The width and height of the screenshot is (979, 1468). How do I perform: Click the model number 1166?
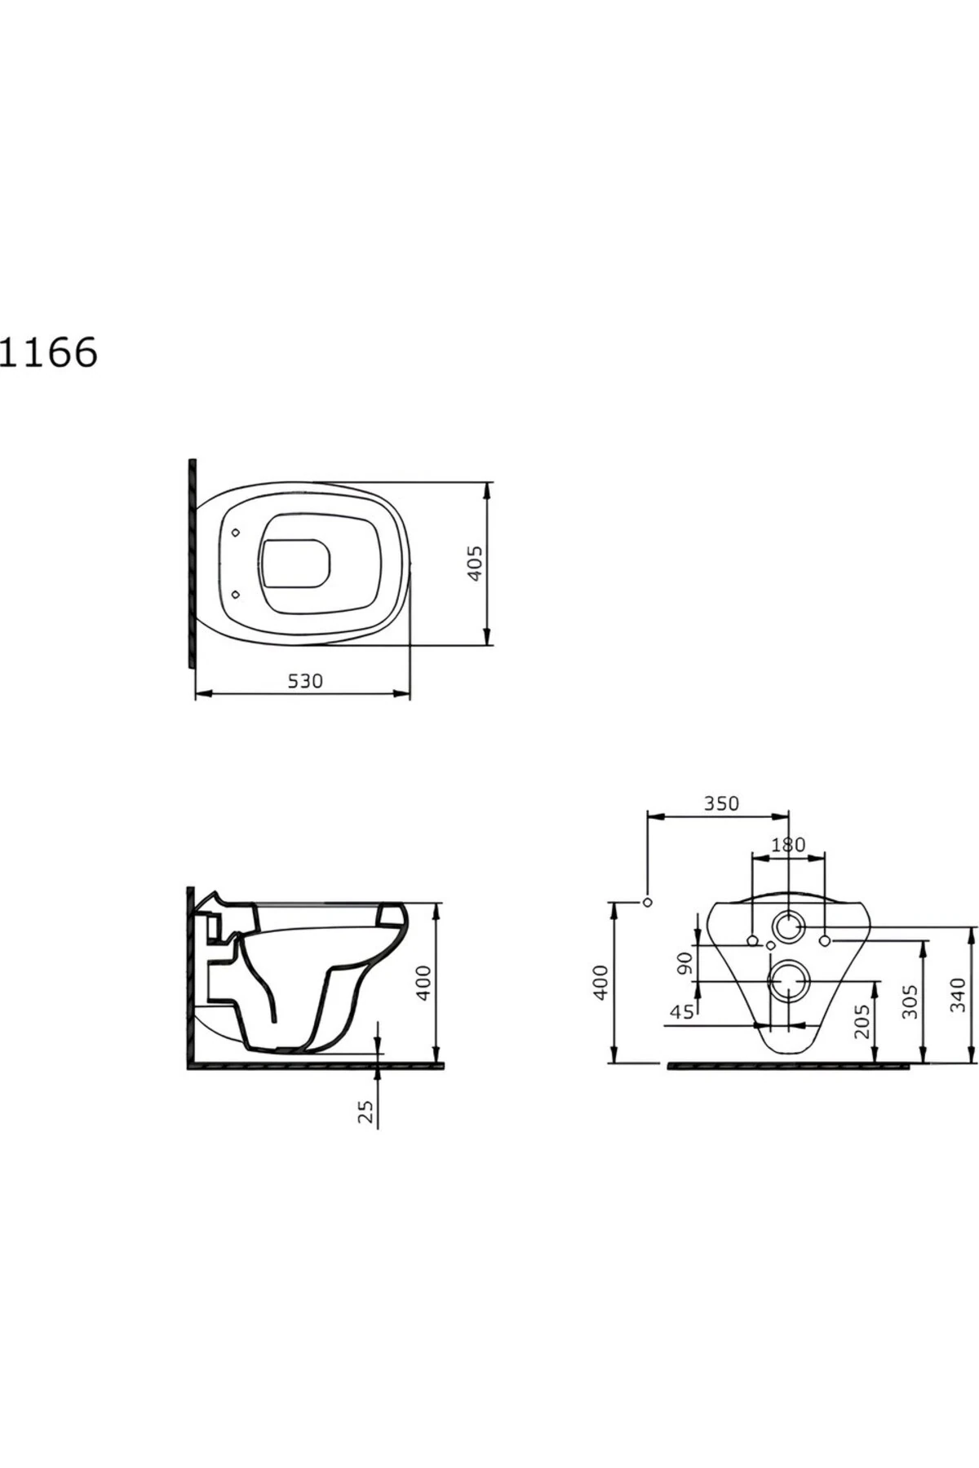49,352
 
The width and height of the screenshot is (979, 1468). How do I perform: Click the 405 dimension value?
476,563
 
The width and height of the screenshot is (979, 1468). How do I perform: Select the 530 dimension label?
305,680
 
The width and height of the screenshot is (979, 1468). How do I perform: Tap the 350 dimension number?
721,803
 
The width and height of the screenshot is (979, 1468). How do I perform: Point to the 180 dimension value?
788,845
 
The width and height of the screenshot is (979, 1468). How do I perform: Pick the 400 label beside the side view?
424,983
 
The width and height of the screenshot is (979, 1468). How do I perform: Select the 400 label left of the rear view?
600,983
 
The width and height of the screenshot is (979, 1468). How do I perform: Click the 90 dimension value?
685,963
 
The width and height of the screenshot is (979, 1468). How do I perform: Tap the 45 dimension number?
681,1012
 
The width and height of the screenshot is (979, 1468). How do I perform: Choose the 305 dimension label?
910,1002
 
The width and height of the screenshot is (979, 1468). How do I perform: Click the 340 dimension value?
959,994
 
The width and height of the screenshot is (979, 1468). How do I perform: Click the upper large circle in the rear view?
789,926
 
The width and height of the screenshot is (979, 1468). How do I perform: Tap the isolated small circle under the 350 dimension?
648,902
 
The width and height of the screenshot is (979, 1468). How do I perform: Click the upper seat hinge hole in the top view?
237,533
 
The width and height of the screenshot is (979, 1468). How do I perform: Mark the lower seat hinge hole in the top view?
237,594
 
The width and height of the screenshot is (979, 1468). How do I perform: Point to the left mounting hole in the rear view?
752,941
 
